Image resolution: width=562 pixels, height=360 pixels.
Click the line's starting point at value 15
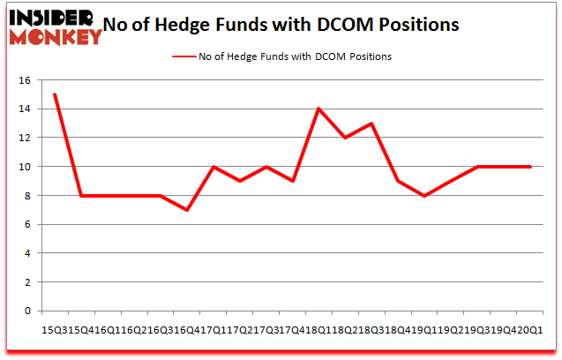[55, 94]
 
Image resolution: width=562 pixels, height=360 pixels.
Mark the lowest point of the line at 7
[187, 210]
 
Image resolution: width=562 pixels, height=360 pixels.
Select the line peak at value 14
[318, 109]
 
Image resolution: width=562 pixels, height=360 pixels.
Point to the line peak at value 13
[371, 124]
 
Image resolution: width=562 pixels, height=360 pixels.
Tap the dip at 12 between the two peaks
[345, 138]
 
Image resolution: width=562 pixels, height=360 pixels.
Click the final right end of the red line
[530, 167]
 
